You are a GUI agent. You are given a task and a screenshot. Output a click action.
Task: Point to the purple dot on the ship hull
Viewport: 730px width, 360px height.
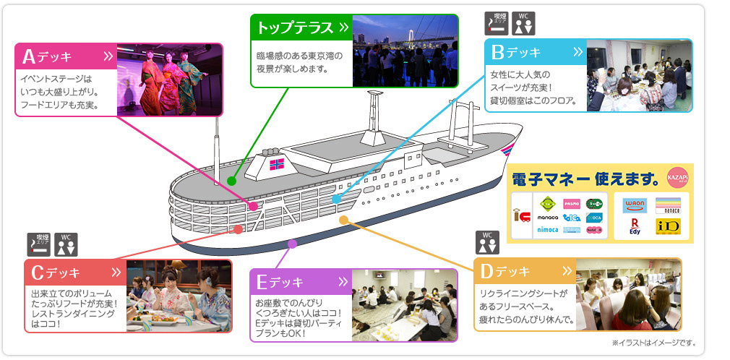(292, 244)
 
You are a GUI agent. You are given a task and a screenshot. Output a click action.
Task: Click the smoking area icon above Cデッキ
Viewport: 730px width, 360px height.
(38, 245)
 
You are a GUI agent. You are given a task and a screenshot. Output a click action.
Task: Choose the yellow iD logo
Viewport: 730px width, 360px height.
(666, 227)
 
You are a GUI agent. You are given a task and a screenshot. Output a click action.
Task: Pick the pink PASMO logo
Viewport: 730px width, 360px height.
(571, 203)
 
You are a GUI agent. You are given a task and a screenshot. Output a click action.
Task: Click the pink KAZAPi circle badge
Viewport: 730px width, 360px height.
(678, 176)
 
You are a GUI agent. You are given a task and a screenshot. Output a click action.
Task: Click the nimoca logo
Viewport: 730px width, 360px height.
(547, 229)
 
